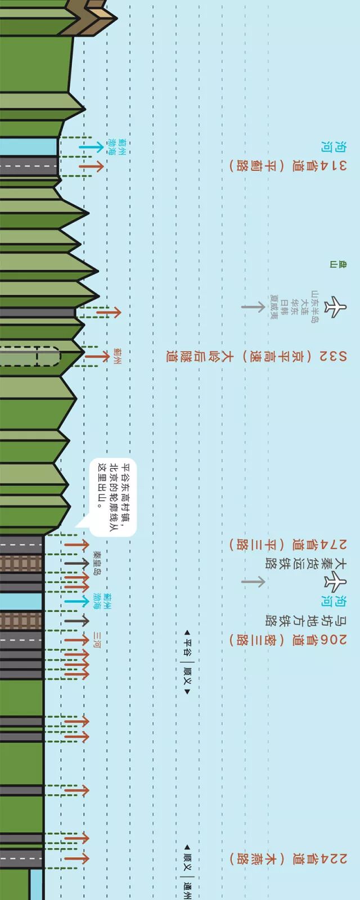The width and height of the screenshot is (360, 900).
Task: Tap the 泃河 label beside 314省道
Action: tap(326, 147)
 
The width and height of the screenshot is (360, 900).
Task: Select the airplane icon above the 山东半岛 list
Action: tap(336, 307)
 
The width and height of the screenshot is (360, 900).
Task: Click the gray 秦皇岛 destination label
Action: tap(97, 563)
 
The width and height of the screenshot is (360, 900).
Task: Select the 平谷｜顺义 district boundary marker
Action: tap(188, 663)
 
